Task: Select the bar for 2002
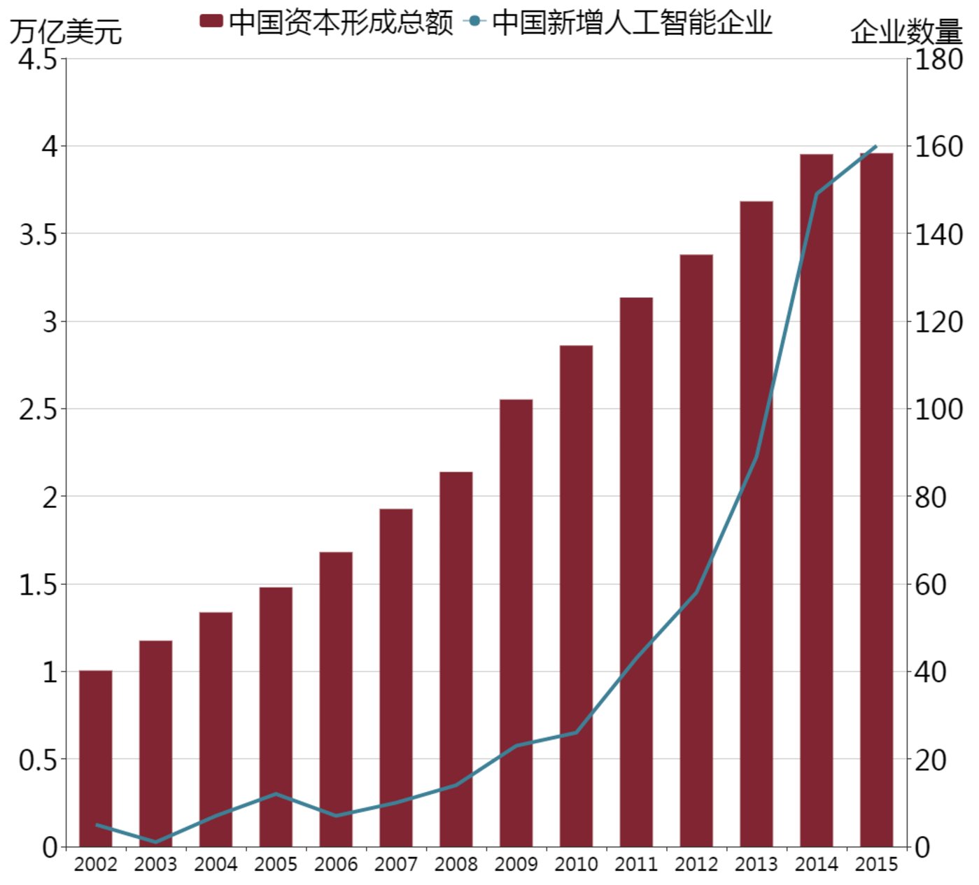click(x=96, y=759)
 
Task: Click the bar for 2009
click(x=516, y=623)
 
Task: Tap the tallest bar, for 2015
click(x=877, y=500)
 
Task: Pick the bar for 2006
click(x=336, y=700)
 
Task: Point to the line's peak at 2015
click(x=875, y=147)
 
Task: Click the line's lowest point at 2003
click(x=155, y=842)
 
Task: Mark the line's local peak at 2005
click(x=276, y=793)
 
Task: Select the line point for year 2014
click(x=817, y=194)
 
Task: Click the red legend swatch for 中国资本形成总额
click(x=211, y=21)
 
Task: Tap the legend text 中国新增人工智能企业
click(x=632, y=22)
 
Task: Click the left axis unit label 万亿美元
click(x=66, y=32)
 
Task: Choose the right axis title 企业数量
click(x=906, y=32)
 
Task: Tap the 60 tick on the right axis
click(x=931, y=585)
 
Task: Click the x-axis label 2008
click(x=456, y=865)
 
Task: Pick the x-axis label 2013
click(x=756, y=865)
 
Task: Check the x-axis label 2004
click(x=216, y=865)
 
